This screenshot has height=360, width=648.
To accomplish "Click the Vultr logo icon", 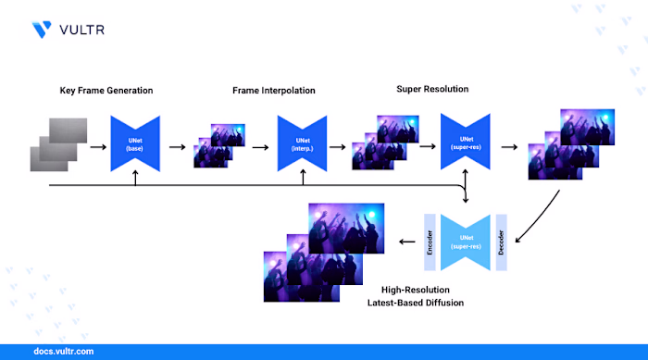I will (42, 29).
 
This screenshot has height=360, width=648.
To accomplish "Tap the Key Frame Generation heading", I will (106, 90).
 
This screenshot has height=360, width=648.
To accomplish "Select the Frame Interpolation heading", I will (275, 90).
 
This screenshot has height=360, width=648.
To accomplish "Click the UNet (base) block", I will (135, 143).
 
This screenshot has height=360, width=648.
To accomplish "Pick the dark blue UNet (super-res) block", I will (464, 143).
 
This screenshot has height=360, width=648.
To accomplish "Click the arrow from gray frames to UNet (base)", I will (96, 145).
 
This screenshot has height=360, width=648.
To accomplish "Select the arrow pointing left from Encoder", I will (406, 242).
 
